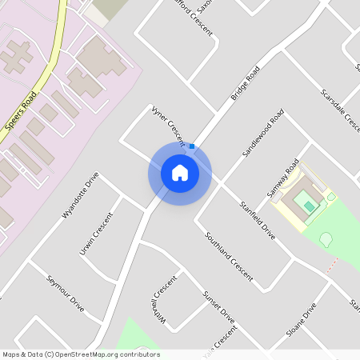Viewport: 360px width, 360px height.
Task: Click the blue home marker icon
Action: [179, 173]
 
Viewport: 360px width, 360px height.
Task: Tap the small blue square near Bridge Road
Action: [192, 146]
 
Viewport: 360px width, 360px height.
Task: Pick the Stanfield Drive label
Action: [258, 221]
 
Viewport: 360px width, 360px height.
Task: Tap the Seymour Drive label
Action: [66, 293]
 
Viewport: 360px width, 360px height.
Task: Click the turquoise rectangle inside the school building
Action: [310, 206]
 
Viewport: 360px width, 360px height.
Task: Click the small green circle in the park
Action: [326, 238]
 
